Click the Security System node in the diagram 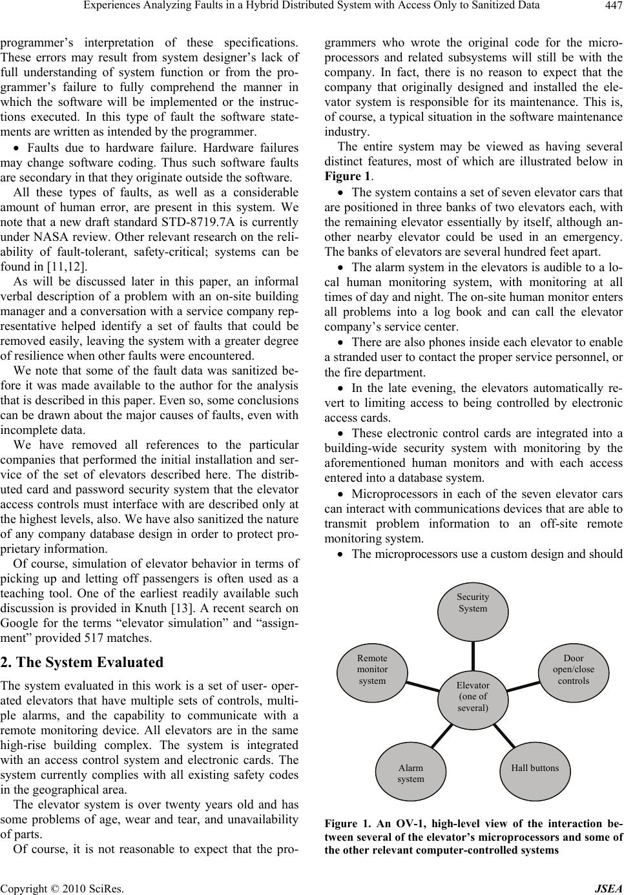pos(473,603)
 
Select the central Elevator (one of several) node pos(473,695)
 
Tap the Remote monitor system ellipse pos(373,669)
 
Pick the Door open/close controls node pos(573,669)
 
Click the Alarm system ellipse pos(411,773)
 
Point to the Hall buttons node pos(535,768)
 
